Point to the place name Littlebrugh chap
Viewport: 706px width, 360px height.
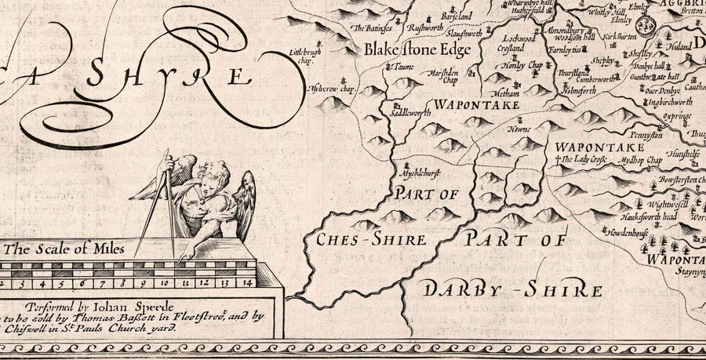(x=307, y=54)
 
